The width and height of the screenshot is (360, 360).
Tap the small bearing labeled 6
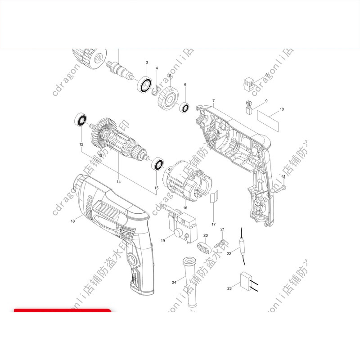pos(184,108)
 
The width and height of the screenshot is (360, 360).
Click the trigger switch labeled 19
pos(182,223)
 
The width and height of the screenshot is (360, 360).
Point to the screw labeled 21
pos(221,241)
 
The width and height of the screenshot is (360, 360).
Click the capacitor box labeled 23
pos(246,282)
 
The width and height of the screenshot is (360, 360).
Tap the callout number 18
pos(73,221)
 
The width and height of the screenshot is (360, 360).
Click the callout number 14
pos(118,182)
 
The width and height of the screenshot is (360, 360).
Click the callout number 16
pos(185,208)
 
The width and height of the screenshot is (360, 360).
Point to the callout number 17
pos(213,224)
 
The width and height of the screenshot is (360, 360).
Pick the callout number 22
pos(229,254)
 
